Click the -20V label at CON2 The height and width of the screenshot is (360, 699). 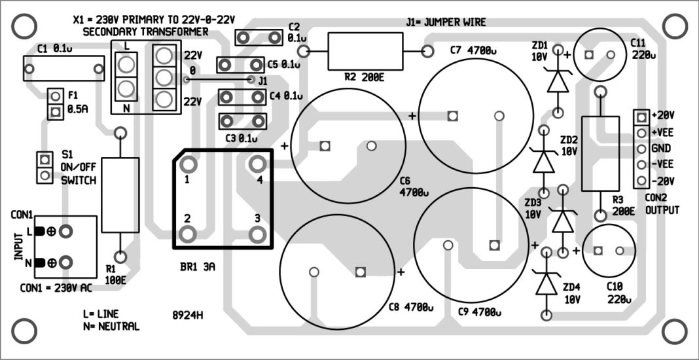coord(664,180)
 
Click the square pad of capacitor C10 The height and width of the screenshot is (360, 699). coord(598,250)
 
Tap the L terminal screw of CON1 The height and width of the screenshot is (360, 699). coord(65,231)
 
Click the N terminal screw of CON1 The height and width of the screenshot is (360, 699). coord(65,262)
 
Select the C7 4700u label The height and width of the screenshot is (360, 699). coord(473,50)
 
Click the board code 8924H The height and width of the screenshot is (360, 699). coord(188,314)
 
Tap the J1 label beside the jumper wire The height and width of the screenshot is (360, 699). coord(262,81)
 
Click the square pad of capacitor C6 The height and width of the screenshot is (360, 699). coord(324,146)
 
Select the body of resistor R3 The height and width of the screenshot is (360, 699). coord(600,154)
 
